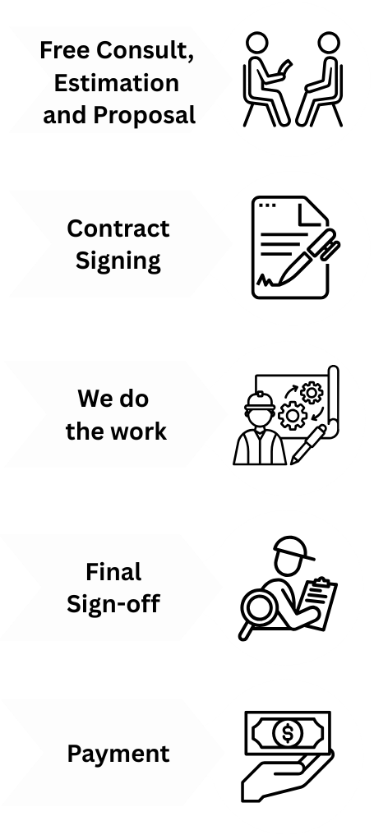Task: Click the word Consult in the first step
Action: [x=145, y=51]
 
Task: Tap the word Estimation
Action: [x=116, y=82]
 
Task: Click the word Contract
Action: [x=118, y=228]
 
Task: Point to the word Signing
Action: [x=118, y=261]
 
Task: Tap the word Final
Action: [x=113, y=572]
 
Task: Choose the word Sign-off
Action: [x=113, y=604]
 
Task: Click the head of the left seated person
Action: [x=256, y=43]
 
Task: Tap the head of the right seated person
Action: [x=328, y=43]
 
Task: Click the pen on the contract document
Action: [x=309, y=255]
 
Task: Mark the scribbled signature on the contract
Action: [x=266, y=280]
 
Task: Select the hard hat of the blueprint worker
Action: [x=260, y=401]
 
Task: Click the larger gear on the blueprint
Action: [x=293, y=416]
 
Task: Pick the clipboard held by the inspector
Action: [x=318, y=602]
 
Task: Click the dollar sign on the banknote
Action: [x=288, y=733]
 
